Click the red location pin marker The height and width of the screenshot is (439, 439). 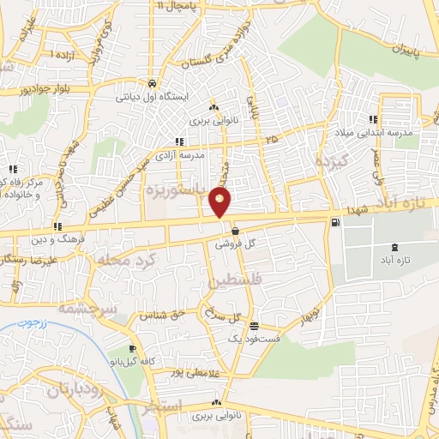tap(220, 202)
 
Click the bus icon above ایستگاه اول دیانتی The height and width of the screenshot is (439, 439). tap(152, 84)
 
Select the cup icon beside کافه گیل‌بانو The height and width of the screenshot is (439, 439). tap(132, 349)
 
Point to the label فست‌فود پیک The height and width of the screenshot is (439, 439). tap(249, 339)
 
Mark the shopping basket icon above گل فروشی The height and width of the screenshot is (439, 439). tap(235, 231)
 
